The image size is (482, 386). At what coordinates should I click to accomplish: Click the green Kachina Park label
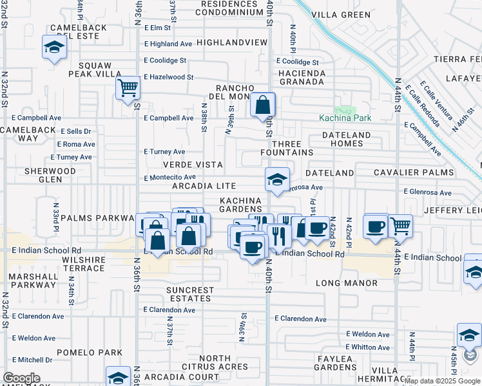tap(345, 118)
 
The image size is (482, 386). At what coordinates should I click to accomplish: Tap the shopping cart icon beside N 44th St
tap(400, 226)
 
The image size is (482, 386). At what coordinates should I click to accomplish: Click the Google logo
tap(22, 378)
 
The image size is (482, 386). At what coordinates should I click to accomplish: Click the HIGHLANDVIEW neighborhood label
tap(231, 42)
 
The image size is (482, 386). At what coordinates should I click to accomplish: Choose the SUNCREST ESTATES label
tap(190, 295)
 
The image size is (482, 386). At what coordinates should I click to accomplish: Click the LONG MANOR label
tap(347, 283)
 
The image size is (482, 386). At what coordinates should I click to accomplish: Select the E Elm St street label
tap(158, 28)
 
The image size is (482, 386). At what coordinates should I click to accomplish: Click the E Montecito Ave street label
tap(169, 178)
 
